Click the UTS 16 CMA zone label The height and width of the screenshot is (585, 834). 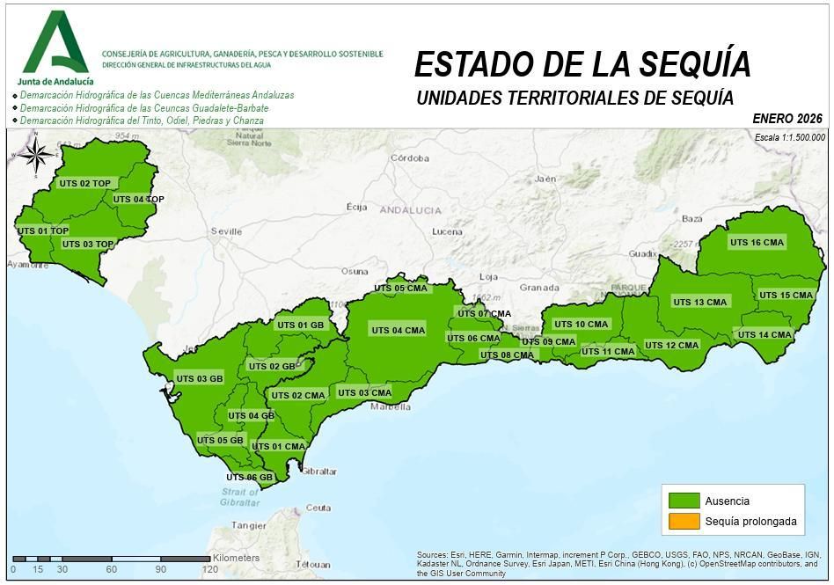(x=757, y=243)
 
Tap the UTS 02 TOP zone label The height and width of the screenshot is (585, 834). (x=84, y=183)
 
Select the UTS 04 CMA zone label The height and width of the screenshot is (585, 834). (x=398, y=331)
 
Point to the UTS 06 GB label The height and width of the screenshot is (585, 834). (x=250, y=478)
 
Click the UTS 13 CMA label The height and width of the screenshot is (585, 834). (x=700, y=302)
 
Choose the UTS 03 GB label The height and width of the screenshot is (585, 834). (x=200, y=378)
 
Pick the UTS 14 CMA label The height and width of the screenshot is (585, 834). (x=764, y=335)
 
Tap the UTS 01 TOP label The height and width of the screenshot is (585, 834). (x=42, y=230)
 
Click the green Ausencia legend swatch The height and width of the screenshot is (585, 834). (x=684, y=501)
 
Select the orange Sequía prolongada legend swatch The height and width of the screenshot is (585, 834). (x=684, y=522)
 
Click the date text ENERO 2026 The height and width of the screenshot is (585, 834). (x=786, y=118)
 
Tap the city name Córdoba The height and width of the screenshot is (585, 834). (x=409, y=159)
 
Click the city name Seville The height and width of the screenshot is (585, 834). (x=226, y=231)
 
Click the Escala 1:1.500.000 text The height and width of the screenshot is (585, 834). (x=789, y=137)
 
